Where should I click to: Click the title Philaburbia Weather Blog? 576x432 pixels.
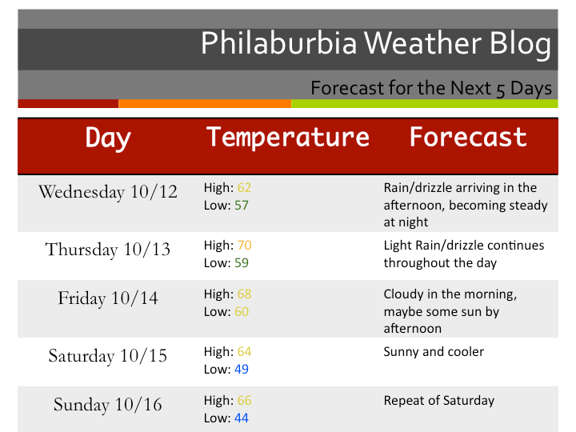(x=375, y=43)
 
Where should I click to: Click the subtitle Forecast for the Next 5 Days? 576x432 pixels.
(x=431, y=86)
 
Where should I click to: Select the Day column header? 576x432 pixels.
(x=108, y=138)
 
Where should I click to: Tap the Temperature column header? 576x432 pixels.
(x=288, y=137)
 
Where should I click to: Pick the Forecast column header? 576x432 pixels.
(x=468, y=137)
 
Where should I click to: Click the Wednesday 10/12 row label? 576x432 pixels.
(x=108, y=192)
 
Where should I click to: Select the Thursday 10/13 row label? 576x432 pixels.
(x=108, y=250)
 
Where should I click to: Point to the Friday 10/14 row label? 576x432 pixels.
(x=108, y=298)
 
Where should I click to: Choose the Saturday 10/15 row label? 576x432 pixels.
(x=108, y=355)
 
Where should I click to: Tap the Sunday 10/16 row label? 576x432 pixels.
(x=108, y=405)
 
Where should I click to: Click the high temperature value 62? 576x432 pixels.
(x=244, y=188)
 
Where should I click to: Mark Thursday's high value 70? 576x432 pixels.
(x=244, y=246)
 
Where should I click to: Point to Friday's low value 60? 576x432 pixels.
(x=241, y=311)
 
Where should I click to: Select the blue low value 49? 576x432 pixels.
(x=241, y=369)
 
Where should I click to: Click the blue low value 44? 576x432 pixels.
(x=241, y=418)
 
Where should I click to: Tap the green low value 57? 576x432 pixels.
(x=241, y=206)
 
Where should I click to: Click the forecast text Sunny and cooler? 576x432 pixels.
(x=434, y=352)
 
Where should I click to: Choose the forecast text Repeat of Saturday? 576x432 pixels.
(x=438, y=401)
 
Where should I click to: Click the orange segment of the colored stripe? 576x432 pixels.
(x=205, y=103)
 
